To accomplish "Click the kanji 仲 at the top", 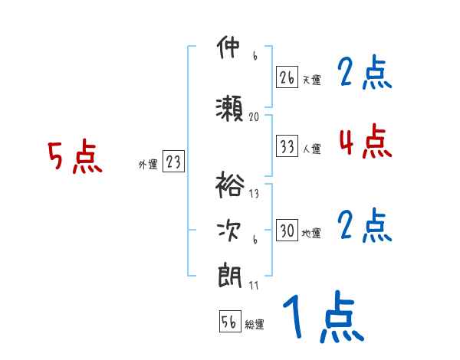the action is click(229, 50).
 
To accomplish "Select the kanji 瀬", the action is click(229, 110).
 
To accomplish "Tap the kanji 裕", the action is click(229, 185).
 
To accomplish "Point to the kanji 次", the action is click(229, 228).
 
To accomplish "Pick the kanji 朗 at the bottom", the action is click(229, 274).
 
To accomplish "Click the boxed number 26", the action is click(287, 77).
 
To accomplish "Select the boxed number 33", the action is click(287, 146).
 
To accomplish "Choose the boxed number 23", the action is click(173, 162).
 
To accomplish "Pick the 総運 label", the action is click(255, 325).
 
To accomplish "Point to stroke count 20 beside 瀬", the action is click(255, 117).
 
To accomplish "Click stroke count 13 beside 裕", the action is click(255, 194).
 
